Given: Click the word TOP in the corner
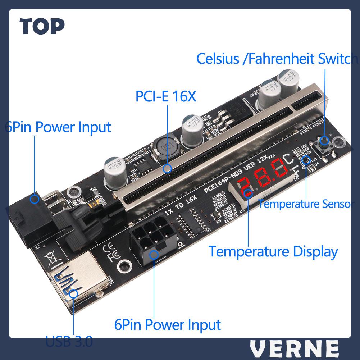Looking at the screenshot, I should [x=42, y=26].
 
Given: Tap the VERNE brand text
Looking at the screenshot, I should [x=294, y=348].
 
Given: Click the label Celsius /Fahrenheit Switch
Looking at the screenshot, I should [x=277, y=59].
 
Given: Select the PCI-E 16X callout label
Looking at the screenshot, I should [x=166, y=96].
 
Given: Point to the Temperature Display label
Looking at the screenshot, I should [x=273, y=251].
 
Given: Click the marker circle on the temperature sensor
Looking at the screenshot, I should [x=306, y=160].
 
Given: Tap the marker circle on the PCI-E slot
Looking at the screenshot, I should [x=167, y=168].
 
